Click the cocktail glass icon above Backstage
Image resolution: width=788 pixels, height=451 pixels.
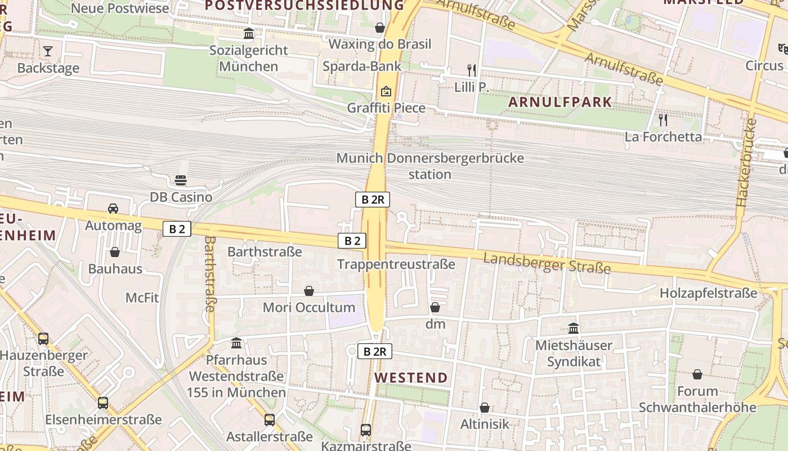pyautogui.click(x=48, y=51)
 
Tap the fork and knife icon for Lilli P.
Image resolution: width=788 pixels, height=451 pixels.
pyautogui.click(x=472, y=70)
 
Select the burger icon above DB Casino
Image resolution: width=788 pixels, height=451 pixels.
pyautogui.click(x=181, y=180)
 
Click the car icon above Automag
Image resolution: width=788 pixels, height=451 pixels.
pyautogui.click(x=113, y=209)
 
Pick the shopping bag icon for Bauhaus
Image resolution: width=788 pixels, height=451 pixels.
pyautogui.click(x=115, y=252)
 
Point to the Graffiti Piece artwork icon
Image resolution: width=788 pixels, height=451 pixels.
pyautogui.click(x=386, y=91)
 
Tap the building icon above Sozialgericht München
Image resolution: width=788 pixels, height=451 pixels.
pyautogui.click(x=249, y=34)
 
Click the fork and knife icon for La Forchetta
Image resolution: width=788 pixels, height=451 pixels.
pyautogui.click(x=663, y=120)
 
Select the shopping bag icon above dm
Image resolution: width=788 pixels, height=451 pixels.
pyautogui.click(x=435, y=307)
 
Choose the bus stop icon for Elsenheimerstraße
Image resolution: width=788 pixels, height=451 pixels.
pyautogui.click(x=103, y=403)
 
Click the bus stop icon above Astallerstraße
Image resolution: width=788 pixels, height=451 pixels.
pyautogui.click(x=270, y=419)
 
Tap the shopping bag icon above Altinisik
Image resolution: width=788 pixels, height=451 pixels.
pyautogui.click(x=484, y=407)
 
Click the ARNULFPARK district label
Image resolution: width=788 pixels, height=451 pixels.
pyautogui.click(x=560, y=102)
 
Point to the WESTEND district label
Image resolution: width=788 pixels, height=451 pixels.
pyautogui.click(x=411, y=377)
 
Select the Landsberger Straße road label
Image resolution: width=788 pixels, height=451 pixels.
pyautogui.click(x=547, y=263)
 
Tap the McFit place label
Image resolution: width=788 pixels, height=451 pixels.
pyautogui.click(x=142, y=297)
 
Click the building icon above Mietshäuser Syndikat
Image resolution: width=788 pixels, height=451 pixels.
pyautogui.click(x=574, y=328)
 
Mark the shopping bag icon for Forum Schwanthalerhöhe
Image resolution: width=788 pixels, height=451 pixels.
pyautogui.click(x=697, y=374)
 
